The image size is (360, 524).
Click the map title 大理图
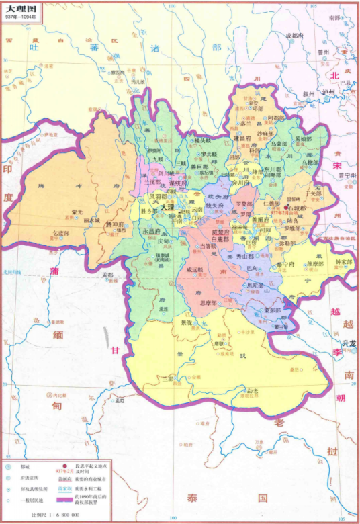[20, 8]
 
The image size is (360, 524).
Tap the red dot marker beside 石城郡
[285, 208]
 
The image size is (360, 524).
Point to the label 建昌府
[241, 138]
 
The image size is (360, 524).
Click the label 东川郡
[273, 170]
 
